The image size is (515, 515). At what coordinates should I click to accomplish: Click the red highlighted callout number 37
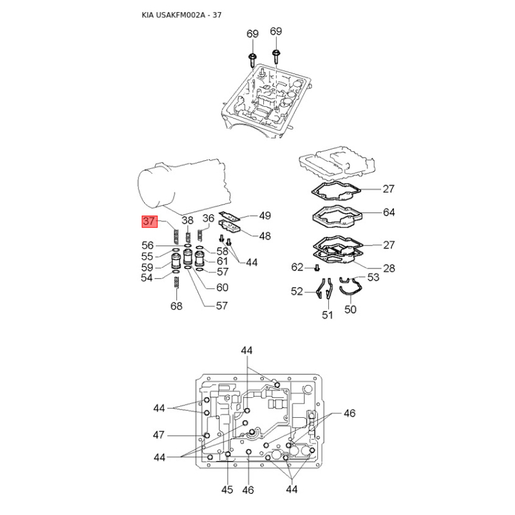[149, 221]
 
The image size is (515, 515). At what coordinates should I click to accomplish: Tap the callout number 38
[187, 220]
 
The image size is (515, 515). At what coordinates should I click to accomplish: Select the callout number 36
[208, 218]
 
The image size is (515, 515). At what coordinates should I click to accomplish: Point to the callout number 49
[265, 216]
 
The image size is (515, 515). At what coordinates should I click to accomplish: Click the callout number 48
[265, 236]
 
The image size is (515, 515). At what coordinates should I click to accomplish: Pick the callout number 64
[388, 212]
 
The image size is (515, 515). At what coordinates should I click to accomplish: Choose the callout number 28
[388, 268]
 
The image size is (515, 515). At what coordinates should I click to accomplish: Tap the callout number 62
[297, 267]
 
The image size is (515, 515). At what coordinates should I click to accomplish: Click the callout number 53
[373, 277]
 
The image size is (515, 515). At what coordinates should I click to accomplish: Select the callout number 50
[350, 310]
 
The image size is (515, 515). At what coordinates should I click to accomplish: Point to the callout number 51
[328, 315]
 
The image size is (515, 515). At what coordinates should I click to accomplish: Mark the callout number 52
[296, 292]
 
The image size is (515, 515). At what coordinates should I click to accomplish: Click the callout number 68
[176, 306]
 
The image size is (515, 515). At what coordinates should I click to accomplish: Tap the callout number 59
[148, 267]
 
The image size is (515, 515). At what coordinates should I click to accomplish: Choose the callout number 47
[160, 435]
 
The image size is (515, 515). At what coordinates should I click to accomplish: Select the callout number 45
[227, 490]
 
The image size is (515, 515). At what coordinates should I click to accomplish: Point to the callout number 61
[222, 261]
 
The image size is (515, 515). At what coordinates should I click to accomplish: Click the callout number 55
[148, 256]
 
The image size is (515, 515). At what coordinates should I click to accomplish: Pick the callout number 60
[222, 288]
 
